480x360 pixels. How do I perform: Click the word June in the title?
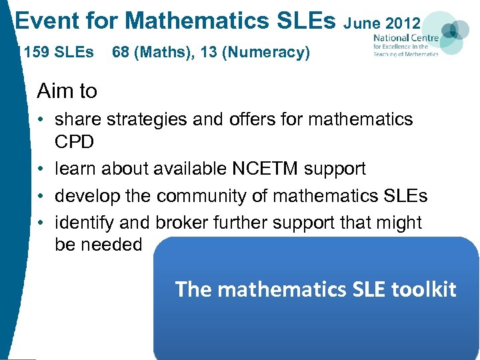click(x=363, y=24)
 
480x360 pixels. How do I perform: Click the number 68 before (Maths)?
click(x=121, y=52)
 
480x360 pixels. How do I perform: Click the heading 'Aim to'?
click(x=67, y=91)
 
